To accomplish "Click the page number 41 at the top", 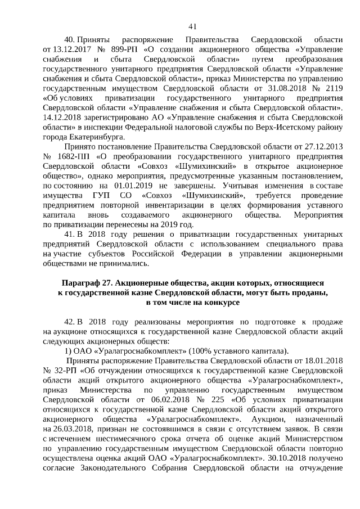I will click(192, 26).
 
